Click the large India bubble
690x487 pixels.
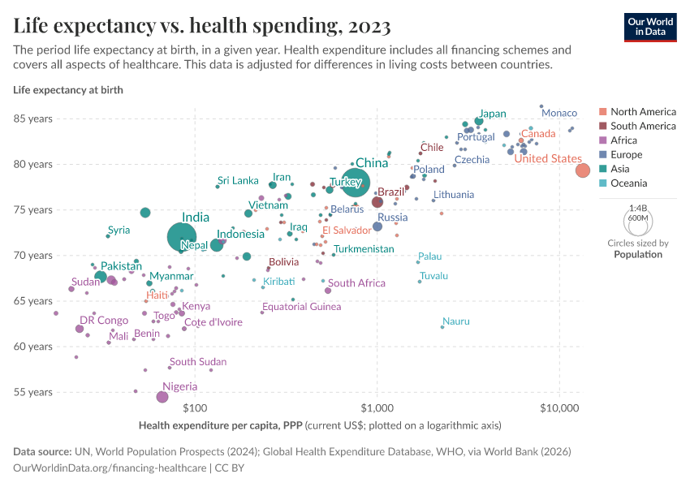click(182, 236)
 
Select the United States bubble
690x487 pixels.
click(583, 170)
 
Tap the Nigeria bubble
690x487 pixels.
click(162, 397)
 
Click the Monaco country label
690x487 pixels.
click(558, 113)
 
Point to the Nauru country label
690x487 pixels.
click(456, 321)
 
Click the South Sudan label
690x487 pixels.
click(198, 362)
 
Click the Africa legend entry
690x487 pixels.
click(625, 140)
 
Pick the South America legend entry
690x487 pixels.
click(643, 126)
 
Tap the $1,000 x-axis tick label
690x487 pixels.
click(377, 407)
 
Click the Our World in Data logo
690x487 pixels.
click(652, 27)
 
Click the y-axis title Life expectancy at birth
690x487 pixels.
click(68, 90)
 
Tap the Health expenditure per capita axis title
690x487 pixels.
click(320, 425)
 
